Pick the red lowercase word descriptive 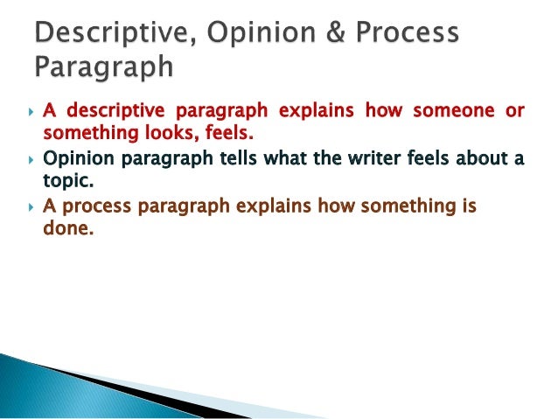tap(111, 113)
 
